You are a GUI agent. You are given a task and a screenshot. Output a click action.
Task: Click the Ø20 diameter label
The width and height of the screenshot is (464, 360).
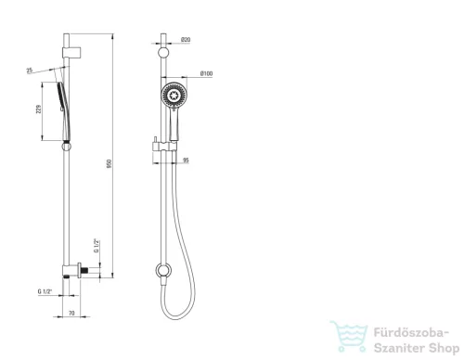coord(186,40)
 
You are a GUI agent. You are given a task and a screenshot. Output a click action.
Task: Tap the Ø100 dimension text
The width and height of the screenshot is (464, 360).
coord(206,73)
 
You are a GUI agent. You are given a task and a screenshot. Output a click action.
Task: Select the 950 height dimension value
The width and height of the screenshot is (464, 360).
coord(109,163)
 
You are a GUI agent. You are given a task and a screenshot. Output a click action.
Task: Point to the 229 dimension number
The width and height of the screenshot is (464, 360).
coord(39,109)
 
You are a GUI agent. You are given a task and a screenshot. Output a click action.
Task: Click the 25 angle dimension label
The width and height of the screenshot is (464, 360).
coord(30,71)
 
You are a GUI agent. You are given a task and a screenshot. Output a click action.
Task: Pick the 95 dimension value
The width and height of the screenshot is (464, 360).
coord(186,161)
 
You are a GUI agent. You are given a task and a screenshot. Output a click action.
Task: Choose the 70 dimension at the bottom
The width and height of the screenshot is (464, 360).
coord(71,313)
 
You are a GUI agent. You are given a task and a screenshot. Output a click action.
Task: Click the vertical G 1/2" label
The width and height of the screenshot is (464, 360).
coord(97,246)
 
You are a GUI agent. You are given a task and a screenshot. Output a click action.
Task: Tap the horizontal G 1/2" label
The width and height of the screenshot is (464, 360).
coord(45,291)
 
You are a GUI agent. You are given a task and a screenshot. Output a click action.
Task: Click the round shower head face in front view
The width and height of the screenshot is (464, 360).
coord(174,95)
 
